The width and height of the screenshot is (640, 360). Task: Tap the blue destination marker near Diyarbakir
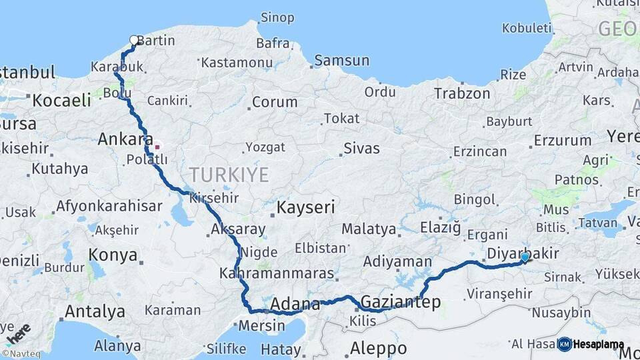point(525,257)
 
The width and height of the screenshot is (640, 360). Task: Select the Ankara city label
point(121,139)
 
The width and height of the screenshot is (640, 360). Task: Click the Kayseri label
point(306,207)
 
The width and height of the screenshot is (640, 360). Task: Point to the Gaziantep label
point(400,303)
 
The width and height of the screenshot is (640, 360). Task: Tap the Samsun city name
point(341,61)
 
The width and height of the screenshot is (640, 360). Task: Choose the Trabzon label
point(462,94)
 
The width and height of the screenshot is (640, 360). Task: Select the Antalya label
point(95,311)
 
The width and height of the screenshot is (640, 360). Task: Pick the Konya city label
point(113,255)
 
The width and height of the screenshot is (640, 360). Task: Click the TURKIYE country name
point(229,175)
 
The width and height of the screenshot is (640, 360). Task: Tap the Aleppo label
point(378,348)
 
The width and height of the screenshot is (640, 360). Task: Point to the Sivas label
point(361,148)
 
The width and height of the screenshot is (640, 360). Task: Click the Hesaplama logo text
point(598,345)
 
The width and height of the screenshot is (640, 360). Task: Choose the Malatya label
point(369,229)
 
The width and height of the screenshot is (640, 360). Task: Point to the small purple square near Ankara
point(157,147)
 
